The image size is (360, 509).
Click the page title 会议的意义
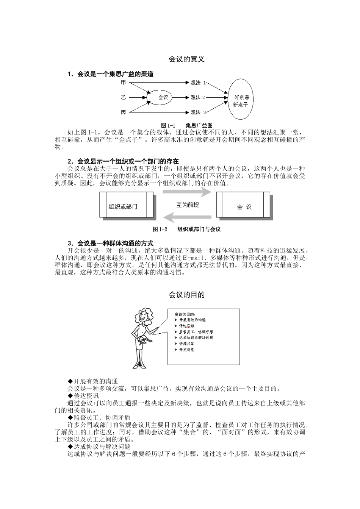coord(186,59)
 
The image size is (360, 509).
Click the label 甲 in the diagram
coord(123,82)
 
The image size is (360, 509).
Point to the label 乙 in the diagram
coord(123,97)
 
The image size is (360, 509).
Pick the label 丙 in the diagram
coord(123,112)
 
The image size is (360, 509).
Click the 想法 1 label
coord(198,82)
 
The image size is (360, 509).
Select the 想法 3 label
coord(198,112)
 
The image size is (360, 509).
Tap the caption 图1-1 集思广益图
coord(186,125)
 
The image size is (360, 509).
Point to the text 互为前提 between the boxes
coord(188,205)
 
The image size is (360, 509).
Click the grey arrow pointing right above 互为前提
coord(187,192)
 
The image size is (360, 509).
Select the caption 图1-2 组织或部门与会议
coord(186,229)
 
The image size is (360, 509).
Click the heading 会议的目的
coord(186,295)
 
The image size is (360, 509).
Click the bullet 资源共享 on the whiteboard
coord(186,343)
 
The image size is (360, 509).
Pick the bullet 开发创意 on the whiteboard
coord(186,350)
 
